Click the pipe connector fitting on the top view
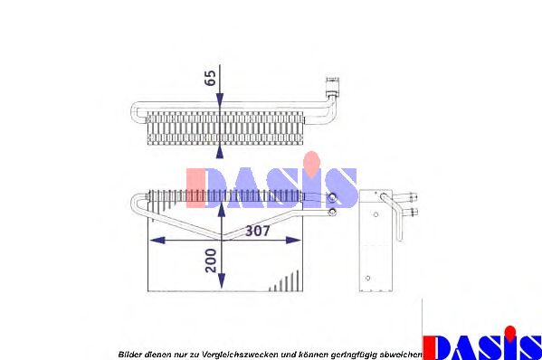(x=333, y=89)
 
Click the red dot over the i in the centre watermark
(x=311, y=160)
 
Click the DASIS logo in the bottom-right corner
(x=482, y=345)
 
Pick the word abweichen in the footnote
(x=398, y=354)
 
